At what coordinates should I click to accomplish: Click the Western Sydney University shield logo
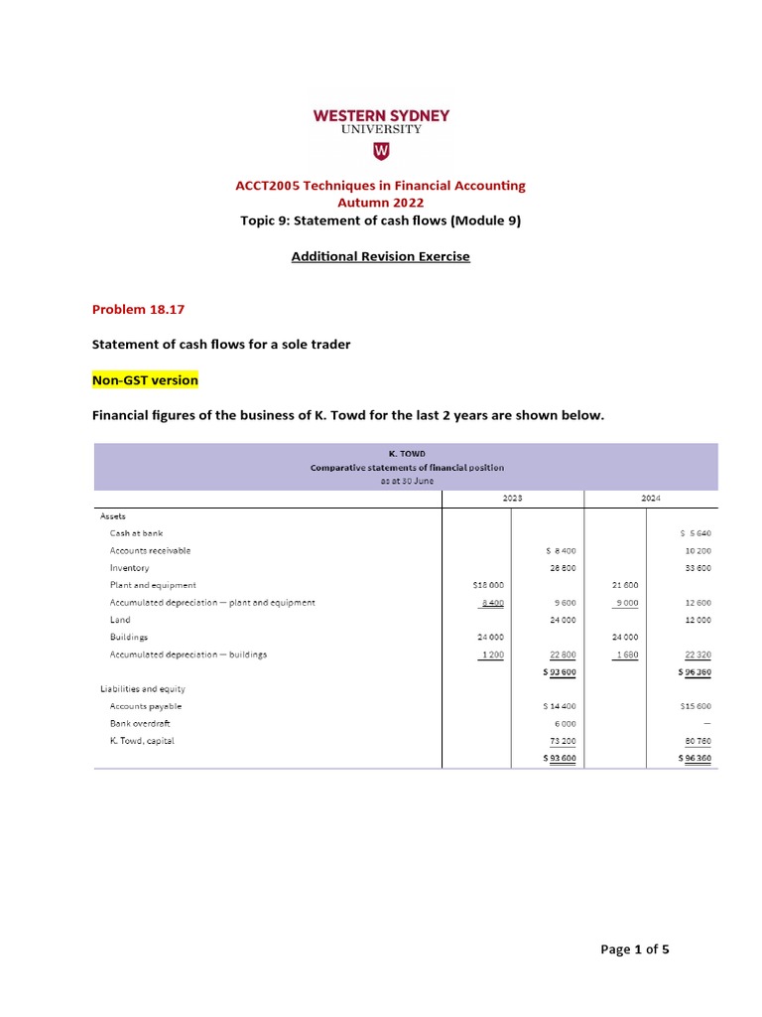click(381, 150)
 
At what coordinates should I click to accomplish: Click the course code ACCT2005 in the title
click(265, 186)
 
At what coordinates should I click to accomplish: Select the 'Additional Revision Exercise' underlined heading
click(380, 256)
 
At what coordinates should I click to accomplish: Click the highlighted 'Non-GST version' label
click(145, 380)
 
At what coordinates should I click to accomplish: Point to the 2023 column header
click(512, 498)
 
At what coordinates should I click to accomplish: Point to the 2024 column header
click(650, 498)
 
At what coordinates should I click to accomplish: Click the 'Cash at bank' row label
click(136, 532)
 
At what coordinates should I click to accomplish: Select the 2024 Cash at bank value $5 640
click(695, 532)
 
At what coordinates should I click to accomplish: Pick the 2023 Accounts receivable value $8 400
click(561, 550)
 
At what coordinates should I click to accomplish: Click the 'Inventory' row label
click(129, 568)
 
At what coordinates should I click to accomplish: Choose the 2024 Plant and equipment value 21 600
click(626, 585)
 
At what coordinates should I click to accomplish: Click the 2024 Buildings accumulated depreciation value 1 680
click(626, 654)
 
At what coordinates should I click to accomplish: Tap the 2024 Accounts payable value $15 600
click(695, 706)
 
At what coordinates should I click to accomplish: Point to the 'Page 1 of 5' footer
click(635, 949)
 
